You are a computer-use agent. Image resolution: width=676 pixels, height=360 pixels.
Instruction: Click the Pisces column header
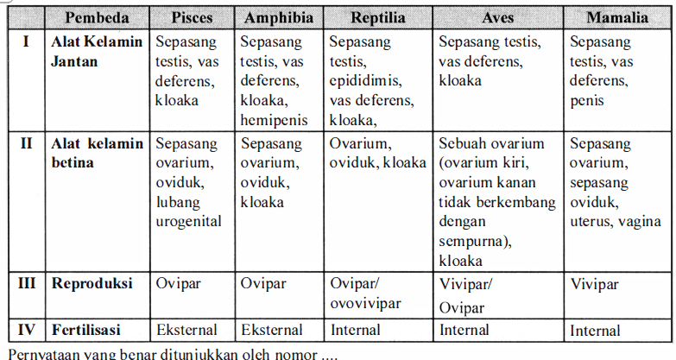[x=192, y=18]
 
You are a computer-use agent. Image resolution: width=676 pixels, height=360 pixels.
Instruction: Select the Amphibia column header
[x=279, y=18]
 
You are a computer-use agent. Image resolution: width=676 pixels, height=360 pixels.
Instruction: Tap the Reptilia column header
[x=377, y=18]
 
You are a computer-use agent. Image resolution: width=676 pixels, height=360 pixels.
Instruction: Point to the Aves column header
[x=497, y=18]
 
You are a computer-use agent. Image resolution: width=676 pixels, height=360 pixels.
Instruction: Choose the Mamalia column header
[x=618, y=18]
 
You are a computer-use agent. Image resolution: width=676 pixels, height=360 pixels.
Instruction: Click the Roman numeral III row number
[x=27, y=282]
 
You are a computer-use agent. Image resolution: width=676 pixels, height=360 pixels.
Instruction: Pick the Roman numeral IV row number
[x=27, y=329]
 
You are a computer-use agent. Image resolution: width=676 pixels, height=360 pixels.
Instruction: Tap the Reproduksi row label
[x=92, y=283]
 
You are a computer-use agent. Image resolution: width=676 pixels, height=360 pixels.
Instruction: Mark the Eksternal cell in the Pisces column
[x=186, y=329]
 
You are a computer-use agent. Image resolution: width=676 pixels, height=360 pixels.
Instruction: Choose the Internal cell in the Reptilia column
[x=355, y=329]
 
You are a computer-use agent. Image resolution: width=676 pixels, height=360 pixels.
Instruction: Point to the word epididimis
[x=366, y=80]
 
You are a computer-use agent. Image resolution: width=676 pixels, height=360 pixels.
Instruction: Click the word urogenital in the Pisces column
[x=188, y=221]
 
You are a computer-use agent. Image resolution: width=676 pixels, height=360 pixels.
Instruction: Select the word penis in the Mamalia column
[x=587, y=100]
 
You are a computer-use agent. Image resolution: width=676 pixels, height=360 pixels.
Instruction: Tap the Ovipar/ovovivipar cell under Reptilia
[x=366, y=294]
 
